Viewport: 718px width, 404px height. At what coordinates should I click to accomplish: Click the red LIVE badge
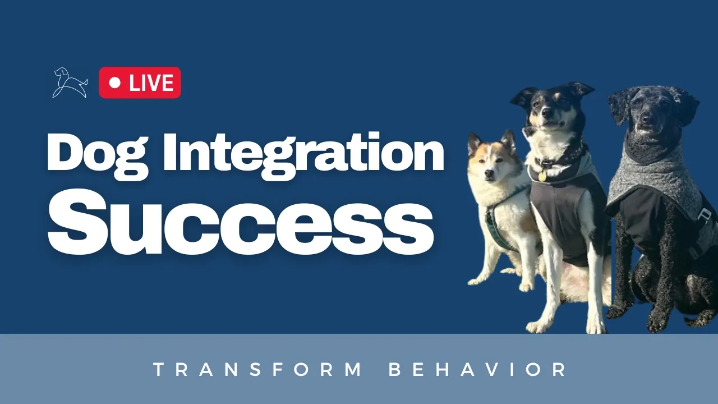click(140, 82)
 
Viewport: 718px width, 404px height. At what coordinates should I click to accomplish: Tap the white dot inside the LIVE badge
click(115, 82)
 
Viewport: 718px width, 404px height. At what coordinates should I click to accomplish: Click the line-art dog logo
click(70, 82)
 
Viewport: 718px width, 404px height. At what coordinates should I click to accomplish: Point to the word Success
click(241, 222)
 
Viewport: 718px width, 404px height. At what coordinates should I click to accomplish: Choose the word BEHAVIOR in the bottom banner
click(477, 369)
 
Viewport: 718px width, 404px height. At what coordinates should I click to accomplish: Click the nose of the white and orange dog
click(489, 174)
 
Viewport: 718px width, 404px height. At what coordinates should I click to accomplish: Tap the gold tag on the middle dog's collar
click(542, 176)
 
